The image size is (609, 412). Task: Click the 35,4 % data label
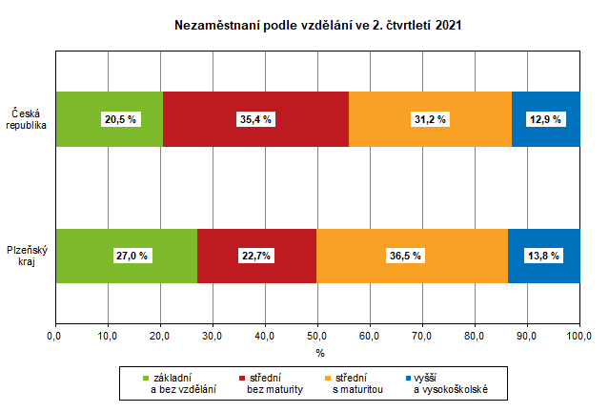[x=256, y=119]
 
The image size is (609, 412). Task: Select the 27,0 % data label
[x=127, y=256]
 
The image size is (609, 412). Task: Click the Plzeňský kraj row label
[x=27, y=256]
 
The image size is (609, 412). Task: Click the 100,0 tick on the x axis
[x=579, y=336]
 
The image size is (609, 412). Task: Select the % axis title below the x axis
[x=320, y=353]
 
